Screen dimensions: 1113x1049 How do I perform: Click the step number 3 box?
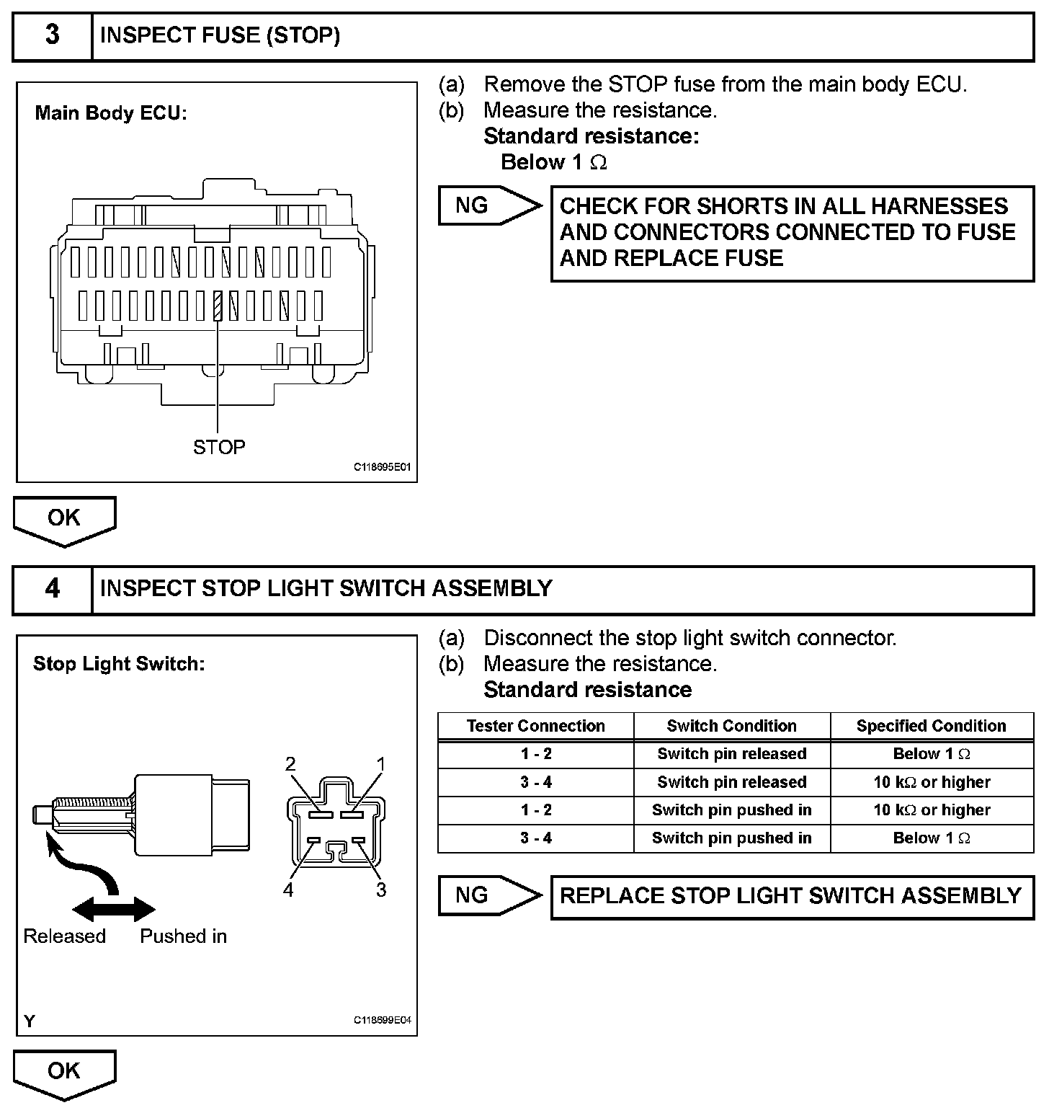tap(53, 36)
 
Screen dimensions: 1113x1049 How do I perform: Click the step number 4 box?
tap(53, 589)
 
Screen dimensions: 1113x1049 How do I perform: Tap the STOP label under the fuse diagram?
tap(219, 448)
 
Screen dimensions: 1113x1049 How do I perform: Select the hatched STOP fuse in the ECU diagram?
tap(218, 306)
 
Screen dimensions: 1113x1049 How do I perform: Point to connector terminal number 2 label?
tap(290, 764)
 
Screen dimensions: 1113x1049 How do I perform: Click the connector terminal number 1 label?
tap(381, 764)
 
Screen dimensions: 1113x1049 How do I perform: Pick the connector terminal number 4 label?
tap(288, 890)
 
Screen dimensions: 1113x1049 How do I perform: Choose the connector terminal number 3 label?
tap(381, 890)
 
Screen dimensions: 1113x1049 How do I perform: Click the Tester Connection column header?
tap(535, 726)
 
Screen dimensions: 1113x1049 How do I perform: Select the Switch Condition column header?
tap(731, 726)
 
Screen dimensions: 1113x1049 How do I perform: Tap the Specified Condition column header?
tap(931, 726)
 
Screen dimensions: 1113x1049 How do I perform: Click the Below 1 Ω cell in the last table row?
tap(931, 838)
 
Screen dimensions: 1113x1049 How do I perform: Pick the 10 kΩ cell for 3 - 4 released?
tap(931, 782)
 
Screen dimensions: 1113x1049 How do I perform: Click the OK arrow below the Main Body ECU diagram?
tap(64, 519)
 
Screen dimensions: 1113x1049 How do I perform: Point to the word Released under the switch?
tap(65, 936)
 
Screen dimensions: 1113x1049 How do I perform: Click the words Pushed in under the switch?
tap(183, 936)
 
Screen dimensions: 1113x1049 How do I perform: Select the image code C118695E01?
tap(382, 467)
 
